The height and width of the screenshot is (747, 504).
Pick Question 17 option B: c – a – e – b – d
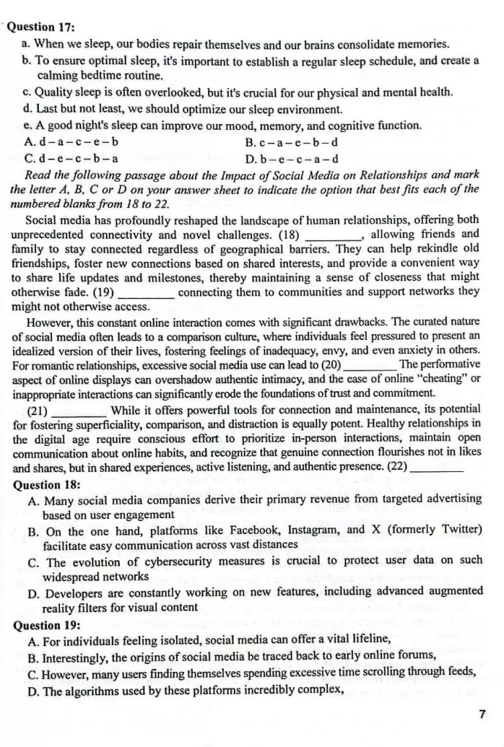point(291,142)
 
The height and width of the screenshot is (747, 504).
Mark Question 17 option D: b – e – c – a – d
point(291,158)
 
